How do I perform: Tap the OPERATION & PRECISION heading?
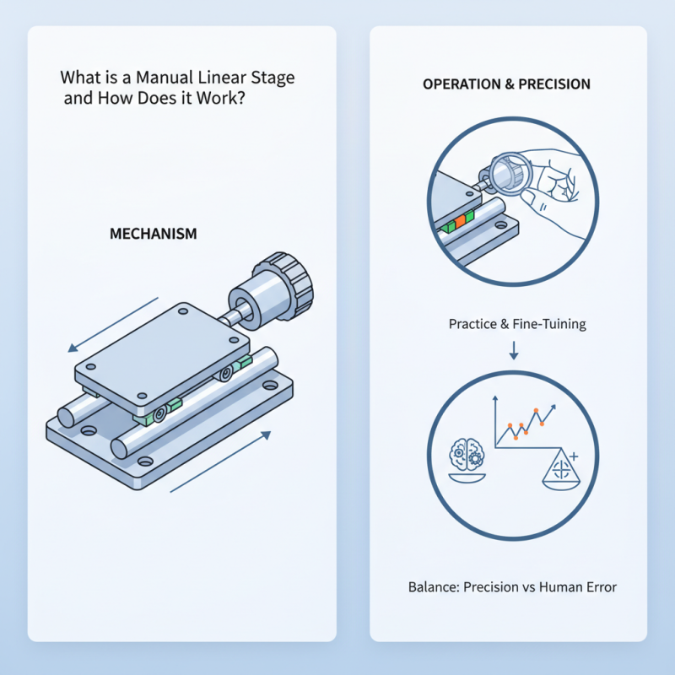506,85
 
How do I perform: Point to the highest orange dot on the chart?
538,413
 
